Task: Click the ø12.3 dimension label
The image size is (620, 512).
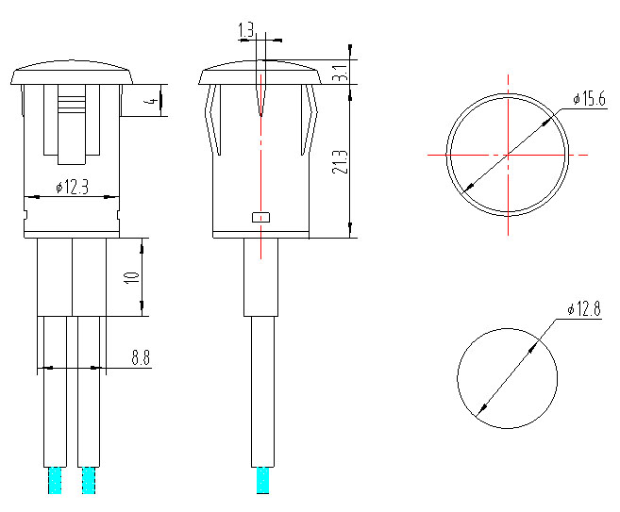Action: tap(72, 187)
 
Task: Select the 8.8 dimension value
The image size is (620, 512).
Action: tap(141, 357)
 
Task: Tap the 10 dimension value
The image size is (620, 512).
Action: tap(132, 277)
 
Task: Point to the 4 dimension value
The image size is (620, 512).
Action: tap(150, 101)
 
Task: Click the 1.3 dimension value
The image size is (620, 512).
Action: tap(247, 32)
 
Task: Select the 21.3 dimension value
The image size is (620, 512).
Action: tap(340, 161)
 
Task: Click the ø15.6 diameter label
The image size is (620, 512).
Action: tap(589, 100)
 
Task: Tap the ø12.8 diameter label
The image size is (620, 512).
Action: tap(584, 309)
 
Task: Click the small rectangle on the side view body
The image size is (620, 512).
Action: tap(260, 217)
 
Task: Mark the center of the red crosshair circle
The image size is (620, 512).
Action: tap(508, 155)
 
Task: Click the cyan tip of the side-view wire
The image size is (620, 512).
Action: tap(260, 480)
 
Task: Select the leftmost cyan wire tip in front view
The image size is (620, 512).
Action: tap(55, 480)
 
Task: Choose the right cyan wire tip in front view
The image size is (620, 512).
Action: tap(89, 480)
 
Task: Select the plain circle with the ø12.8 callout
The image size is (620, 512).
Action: tap(507, 378)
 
